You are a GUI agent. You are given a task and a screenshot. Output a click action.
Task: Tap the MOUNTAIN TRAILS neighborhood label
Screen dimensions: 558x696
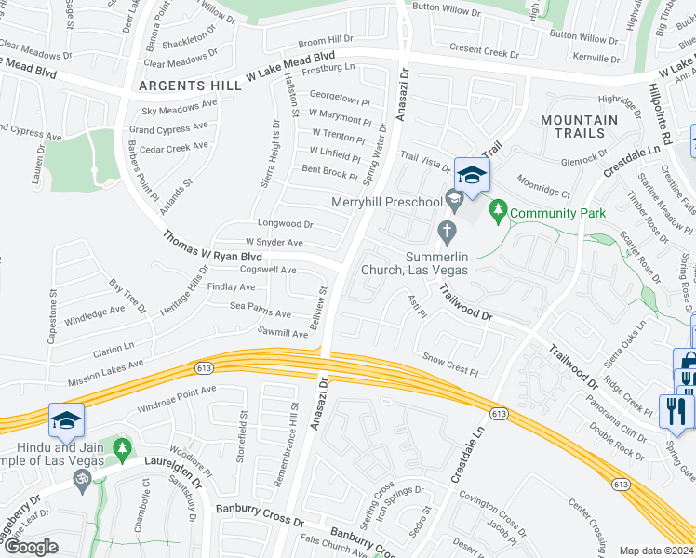point(579,126)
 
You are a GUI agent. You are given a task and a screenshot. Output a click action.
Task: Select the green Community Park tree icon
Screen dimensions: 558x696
point(499,212)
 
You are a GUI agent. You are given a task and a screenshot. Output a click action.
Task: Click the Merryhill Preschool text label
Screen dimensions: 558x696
point(387,203)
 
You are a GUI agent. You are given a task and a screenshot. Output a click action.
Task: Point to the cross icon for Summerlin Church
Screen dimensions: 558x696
point(447,229)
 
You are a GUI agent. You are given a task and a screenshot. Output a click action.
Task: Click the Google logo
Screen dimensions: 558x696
point(30,547)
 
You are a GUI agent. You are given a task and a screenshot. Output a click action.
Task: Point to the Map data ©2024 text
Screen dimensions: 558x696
point(655,551)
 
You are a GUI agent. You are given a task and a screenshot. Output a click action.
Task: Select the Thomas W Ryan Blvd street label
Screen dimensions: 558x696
point(213,247)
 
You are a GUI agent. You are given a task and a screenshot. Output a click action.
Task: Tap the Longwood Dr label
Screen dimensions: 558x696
point(286,224)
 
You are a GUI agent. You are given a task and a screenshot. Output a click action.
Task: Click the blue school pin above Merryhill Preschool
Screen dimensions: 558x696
point(473,175)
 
